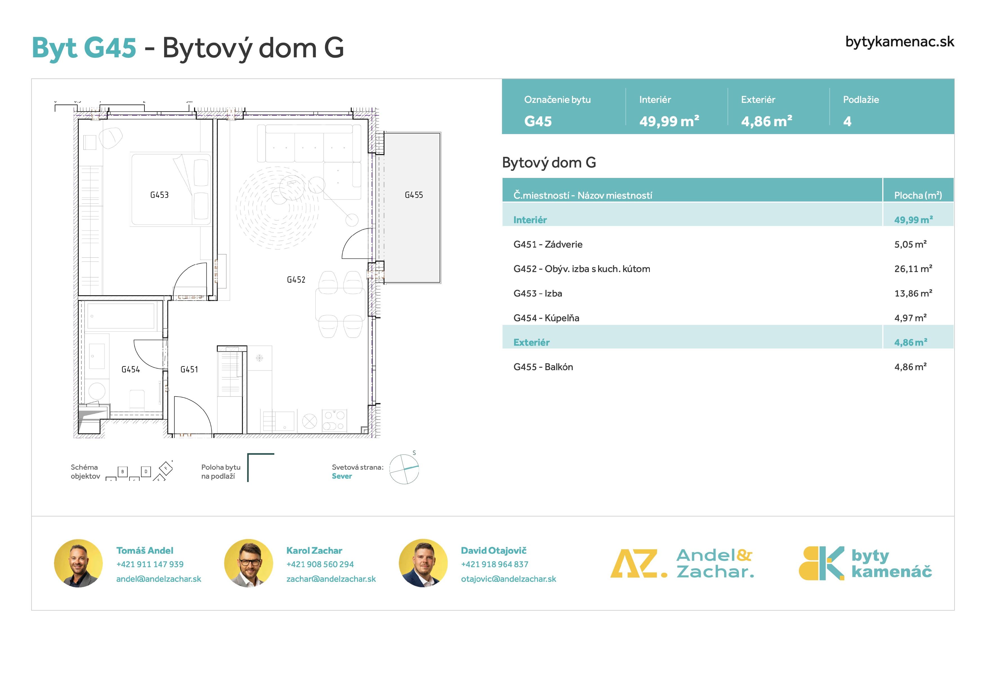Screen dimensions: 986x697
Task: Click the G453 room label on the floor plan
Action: click(x=159, y=195)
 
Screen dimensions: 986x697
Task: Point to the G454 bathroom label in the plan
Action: click(x=130, y=369)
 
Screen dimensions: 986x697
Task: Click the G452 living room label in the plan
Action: click(x=296, y=280)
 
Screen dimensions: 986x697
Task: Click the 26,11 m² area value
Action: click(x=913, y=269)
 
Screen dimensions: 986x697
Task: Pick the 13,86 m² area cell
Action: click(x=913, y=293)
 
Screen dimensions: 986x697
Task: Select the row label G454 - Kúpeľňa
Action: click(x=546, y=318)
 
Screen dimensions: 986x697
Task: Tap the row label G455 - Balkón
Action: click(x=543, y=367)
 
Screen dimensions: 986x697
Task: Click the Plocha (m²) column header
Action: click(x=918, y=195)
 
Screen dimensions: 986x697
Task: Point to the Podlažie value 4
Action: click(x=847, y=121)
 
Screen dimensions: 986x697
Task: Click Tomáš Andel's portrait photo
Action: click(x=78, y=563)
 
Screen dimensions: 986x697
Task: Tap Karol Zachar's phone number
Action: click(x=320, y=564)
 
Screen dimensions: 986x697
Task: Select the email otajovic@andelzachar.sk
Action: click(x=508, y=579)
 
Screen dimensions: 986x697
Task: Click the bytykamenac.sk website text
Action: click(x=900, y=42)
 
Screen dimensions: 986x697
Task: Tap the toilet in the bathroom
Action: click(x=137, y=399)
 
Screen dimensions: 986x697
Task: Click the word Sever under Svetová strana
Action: click(x=342, y=476)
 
